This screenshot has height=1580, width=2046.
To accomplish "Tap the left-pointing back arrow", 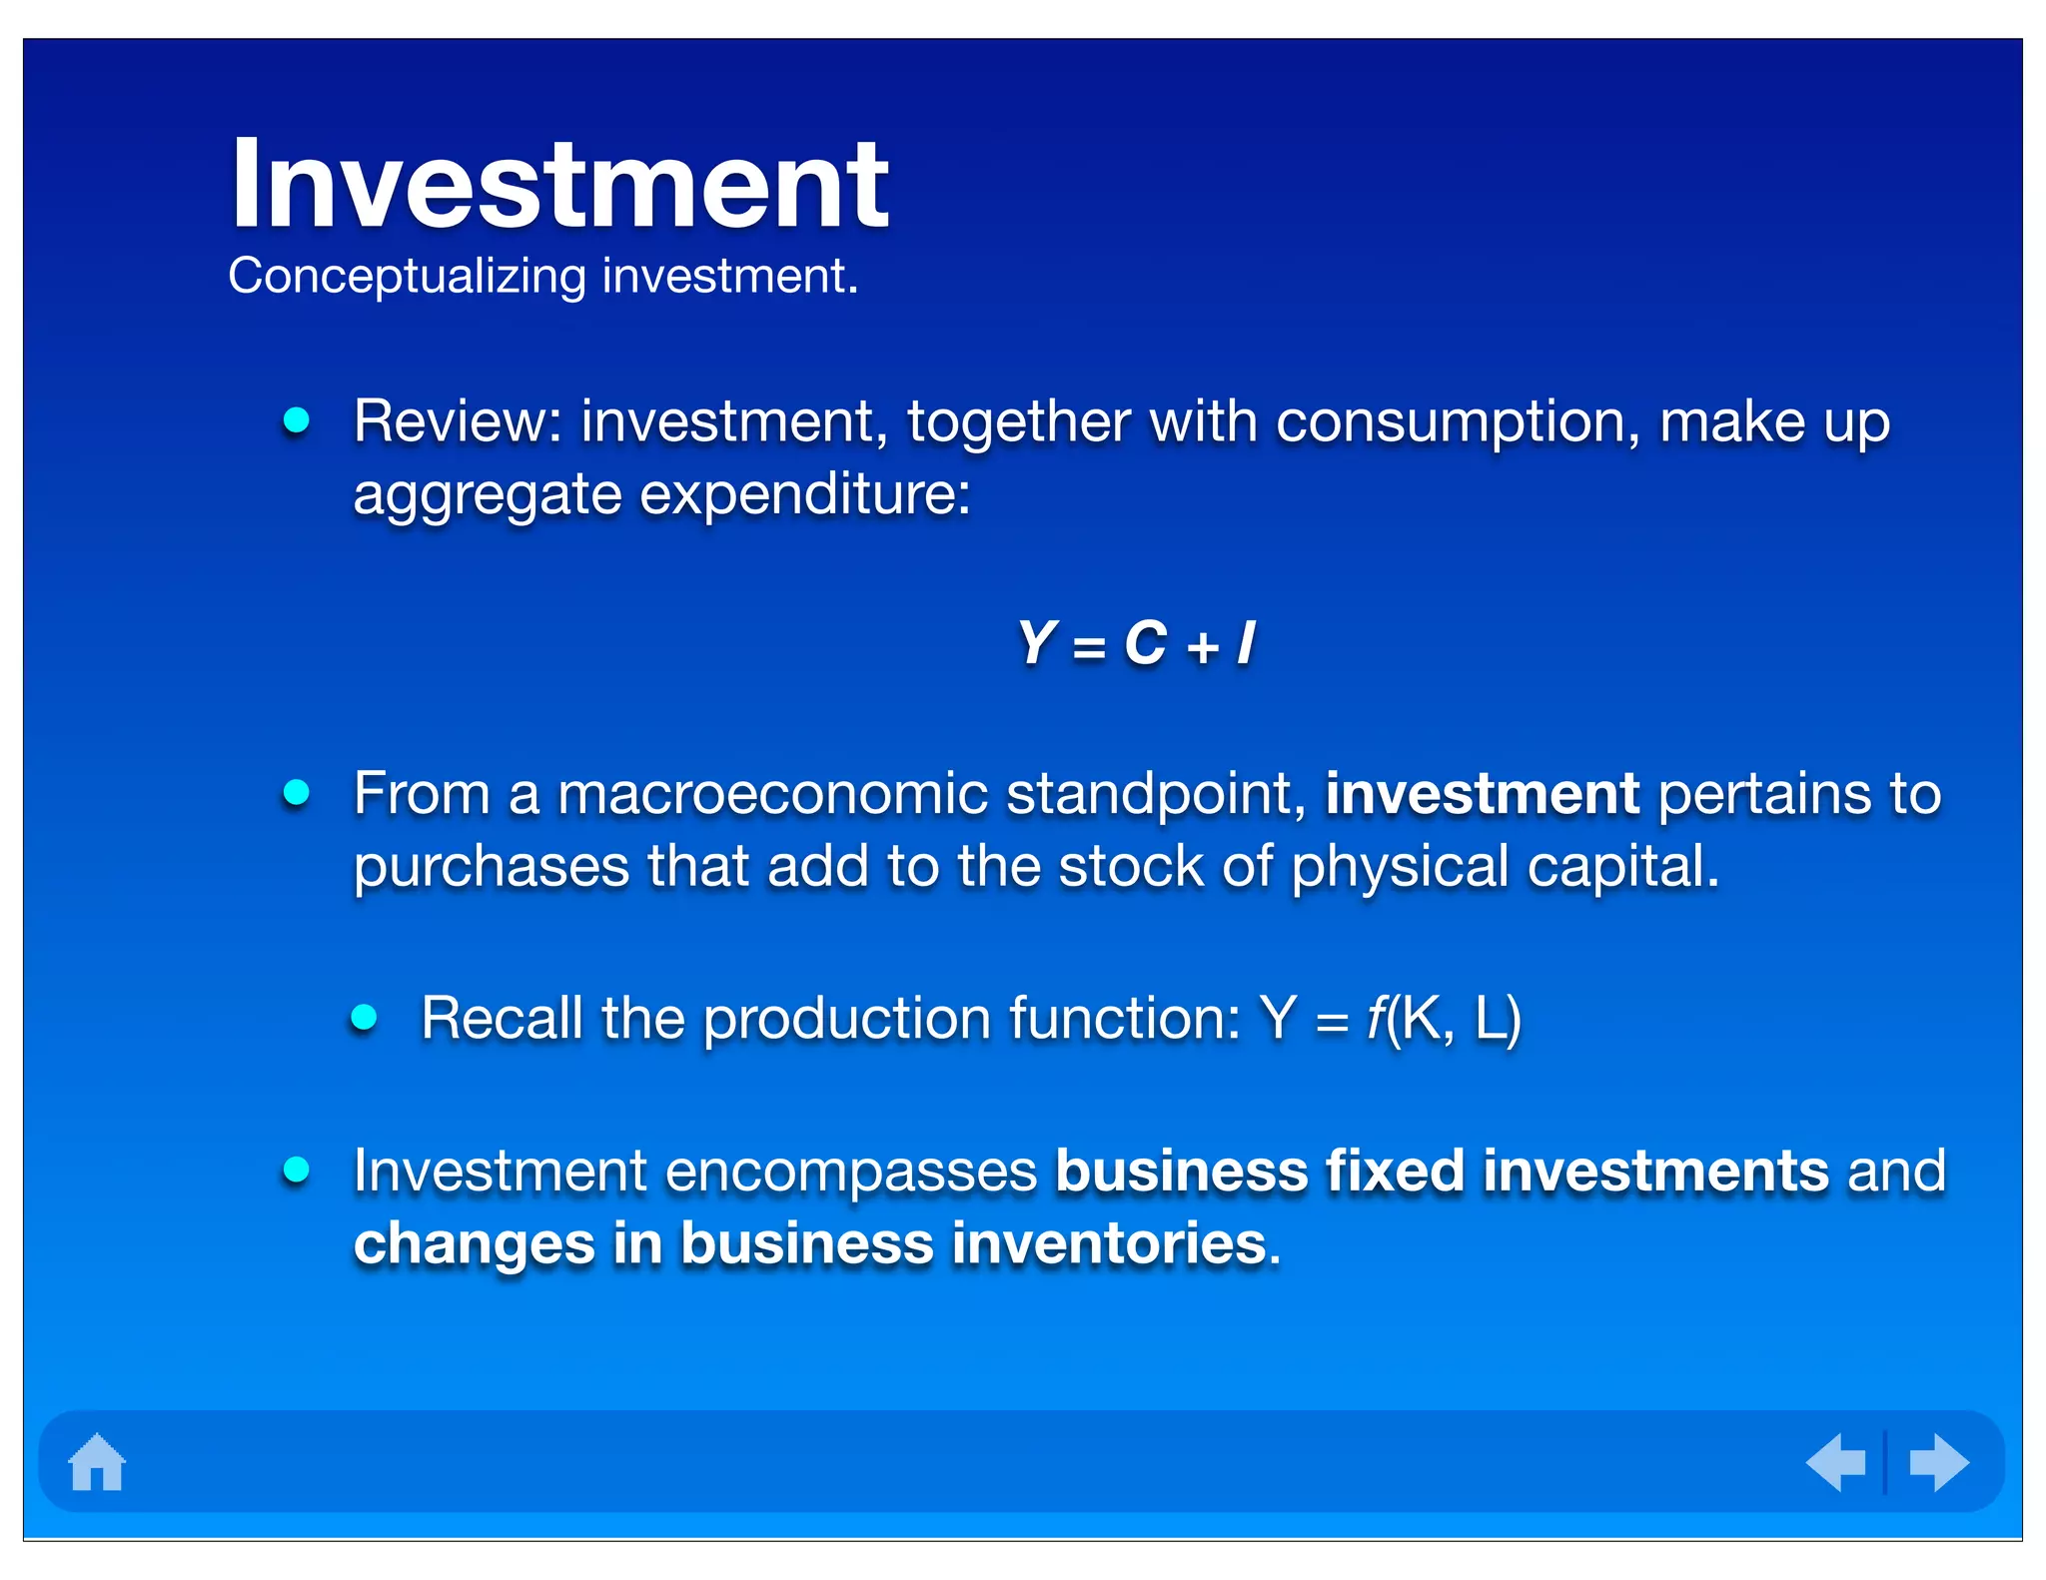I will (1836, 1463).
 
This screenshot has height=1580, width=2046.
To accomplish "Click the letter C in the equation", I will (1145, 642).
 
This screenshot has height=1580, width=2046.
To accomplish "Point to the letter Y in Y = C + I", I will (1038, 642).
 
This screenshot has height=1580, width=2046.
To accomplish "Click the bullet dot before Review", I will (296, 420).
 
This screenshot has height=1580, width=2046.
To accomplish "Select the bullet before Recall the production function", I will (365, 1018).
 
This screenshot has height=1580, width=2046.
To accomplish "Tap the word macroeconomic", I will (772, 794).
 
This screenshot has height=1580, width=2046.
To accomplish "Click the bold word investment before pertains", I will (1482, 794).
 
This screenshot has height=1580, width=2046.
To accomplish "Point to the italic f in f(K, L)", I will (1376, 1018).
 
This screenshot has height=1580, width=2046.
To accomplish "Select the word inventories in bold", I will (1109, 1243).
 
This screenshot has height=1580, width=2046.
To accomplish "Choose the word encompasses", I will (851, 1172).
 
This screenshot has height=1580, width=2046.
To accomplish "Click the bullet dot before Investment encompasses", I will (296, 1170).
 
